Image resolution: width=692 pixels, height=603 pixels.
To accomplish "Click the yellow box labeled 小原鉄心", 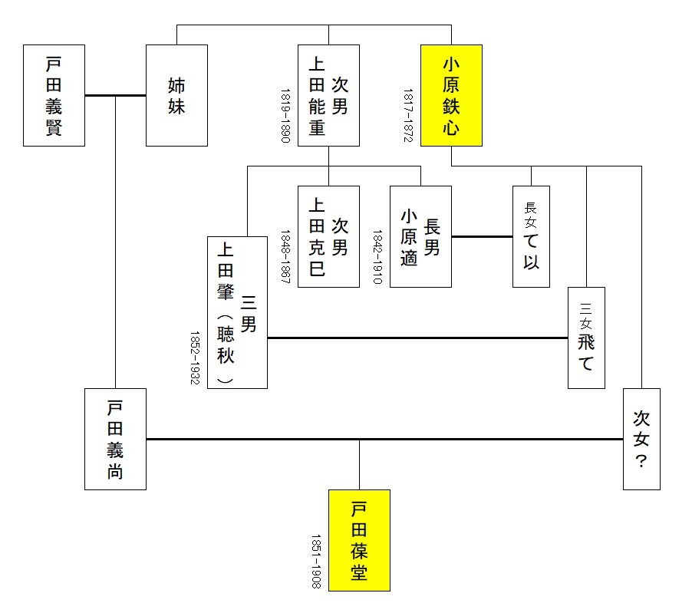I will [x=451, y=95].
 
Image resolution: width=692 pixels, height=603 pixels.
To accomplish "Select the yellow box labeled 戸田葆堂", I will [x=359, y=540].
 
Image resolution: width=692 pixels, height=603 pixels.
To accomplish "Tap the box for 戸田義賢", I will [x=54, y=95].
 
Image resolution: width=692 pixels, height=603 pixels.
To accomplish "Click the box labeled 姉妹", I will [x=176, y=95].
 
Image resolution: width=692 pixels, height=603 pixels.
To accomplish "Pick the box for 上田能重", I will [x=328, y=95].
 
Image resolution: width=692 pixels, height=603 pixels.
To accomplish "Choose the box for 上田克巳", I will [x=328, y=236].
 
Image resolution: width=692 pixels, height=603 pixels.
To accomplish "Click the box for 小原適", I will [x=420, y=236].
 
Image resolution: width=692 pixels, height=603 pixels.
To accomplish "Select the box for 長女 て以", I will [x=531, y=236].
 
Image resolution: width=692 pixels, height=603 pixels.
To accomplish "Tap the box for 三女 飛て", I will [x=586, y=338].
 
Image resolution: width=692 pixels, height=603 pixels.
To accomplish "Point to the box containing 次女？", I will [x=641, y=439].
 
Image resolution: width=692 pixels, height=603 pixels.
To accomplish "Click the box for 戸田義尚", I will [x=115, y=439].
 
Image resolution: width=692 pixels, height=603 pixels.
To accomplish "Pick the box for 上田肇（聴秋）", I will [x=237, y=312].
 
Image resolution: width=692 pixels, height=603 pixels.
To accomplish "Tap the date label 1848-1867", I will [x=285, y=257].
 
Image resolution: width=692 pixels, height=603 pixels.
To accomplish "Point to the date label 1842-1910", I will [x=377, y=257].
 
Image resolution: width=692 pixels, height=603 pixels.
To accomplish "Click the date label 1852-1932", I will [x=194, y=358].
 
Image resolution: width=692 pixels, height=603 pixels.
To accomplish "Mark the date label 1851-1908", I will [x=316, y=562].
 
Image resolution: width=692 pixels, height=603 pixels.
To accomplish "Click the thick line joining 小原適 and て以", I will [x=482, y=236].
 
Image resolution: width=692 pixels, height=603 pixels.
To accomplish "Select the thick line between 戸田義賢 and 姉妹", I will [x=115, y=95].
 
